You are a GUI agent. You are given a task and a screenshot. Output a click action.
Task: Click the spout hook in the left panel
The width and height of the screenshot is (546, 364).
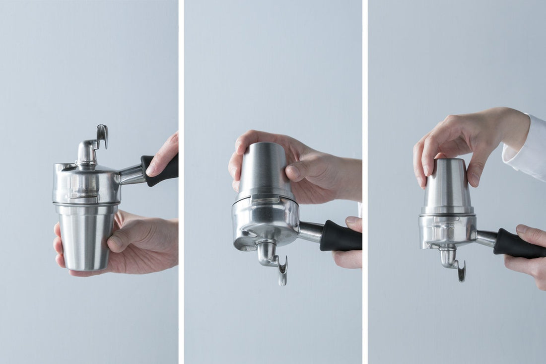102,136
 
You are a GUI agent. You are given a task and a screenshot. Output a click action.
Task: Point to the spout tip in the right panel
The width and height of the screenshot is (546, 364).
462,276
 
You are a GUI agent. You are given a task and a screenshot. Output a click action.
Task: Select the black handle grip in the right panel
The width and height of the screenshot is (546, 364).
519,244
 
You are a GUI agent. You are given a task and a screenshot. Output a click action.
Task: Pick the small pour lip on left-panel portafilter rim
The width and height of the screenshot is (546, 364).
59,167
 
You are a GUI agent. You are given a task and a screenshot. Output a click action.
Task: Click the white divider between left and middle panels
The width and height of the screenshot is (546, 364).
181,182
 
